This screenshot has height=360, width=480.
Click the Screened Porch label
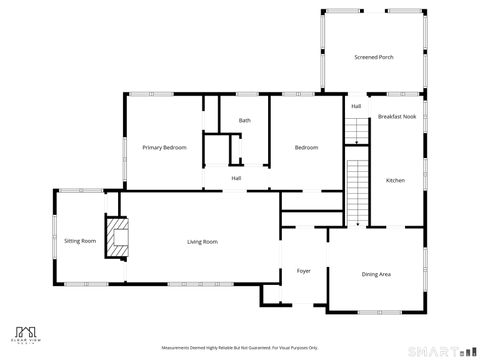[373, 57]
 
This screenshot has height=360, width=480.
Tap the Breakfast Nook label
[397, 117]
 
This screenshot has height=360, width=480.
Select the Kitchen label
[395, 180]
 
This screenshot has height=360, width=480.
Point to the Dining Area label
[376, 274]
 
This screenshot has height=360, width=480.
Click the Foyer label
[303, 271]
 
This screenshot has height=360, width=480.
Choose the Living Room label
[202, 242]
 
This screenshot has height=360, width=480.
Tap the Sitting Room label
[80, 241]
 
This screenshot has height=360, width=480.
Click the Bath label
[244, 121]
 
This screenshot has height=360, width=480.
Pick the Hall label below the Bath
[236, 179]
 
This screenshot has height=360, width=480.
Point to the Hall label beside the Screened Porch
[356, 106]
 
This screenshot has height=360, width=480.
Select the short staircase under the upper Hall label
[356, 130]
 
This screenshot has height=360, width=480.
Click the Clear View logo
[29, 333]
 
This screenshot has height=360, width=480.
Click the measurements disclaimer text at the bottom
[239, 348]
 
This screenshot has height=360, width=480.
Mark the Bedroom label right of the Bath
[306, 148]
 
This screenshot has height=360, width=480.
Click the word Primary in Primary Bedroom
[152, 148]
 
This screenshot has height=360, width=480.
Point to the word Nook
[409, 117]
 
